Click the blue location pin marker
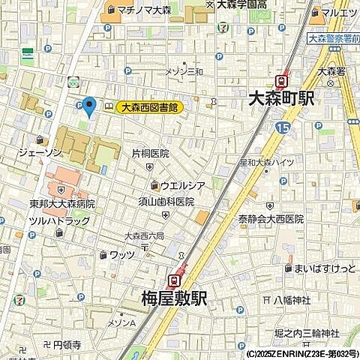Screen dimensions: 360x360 point(89,107)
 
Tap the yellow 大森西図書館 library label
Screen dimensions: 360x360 point(150,108)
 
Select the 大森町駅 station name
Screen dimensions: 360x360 point(281,98)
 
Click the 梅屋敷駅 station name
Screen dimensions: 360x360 point(173,299)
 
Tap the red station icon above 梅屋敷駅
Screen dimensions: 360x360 point(174,280)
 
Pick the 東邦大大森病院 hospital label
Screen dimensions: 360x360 point(62,204)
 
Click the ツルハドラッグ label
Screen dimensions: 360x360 point(59,220)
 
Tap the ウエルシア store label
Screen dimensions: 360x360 point(182,185)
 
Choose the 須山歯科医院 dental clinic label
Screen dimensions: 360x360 point(165,202)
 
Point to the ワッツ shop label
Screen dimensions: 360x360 point(121,255)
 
